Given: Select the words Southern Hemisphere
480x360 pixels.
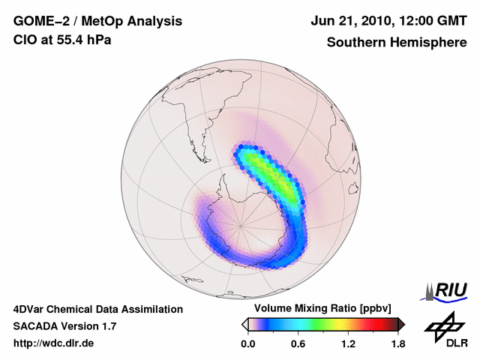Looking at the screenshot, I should point(395,42).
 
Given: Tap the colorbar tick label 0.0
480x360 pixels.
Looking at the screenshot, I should point(248,343).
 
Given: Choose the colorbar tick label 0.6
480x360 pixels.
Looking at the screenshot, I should point(298,343).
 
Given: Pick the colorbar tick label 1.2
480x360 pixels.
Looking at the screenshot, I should point(348,343).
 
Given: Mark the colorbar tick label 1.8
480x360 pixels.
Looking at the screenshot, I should point(397,343).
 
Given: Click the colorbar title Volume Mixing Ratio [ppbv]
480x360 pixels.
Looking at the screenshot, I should point(320,308).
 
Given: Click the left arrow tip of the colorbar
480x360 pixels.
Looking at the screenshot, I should point(244,324).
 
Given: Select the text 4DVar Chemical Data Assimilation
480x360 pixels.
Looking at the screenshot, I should point(97,309).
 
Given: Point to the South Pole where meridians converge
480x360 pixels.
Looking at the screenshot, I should point(241,225).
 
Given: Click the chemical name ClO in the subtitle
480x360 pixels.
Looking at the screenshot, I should point(25,40).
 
